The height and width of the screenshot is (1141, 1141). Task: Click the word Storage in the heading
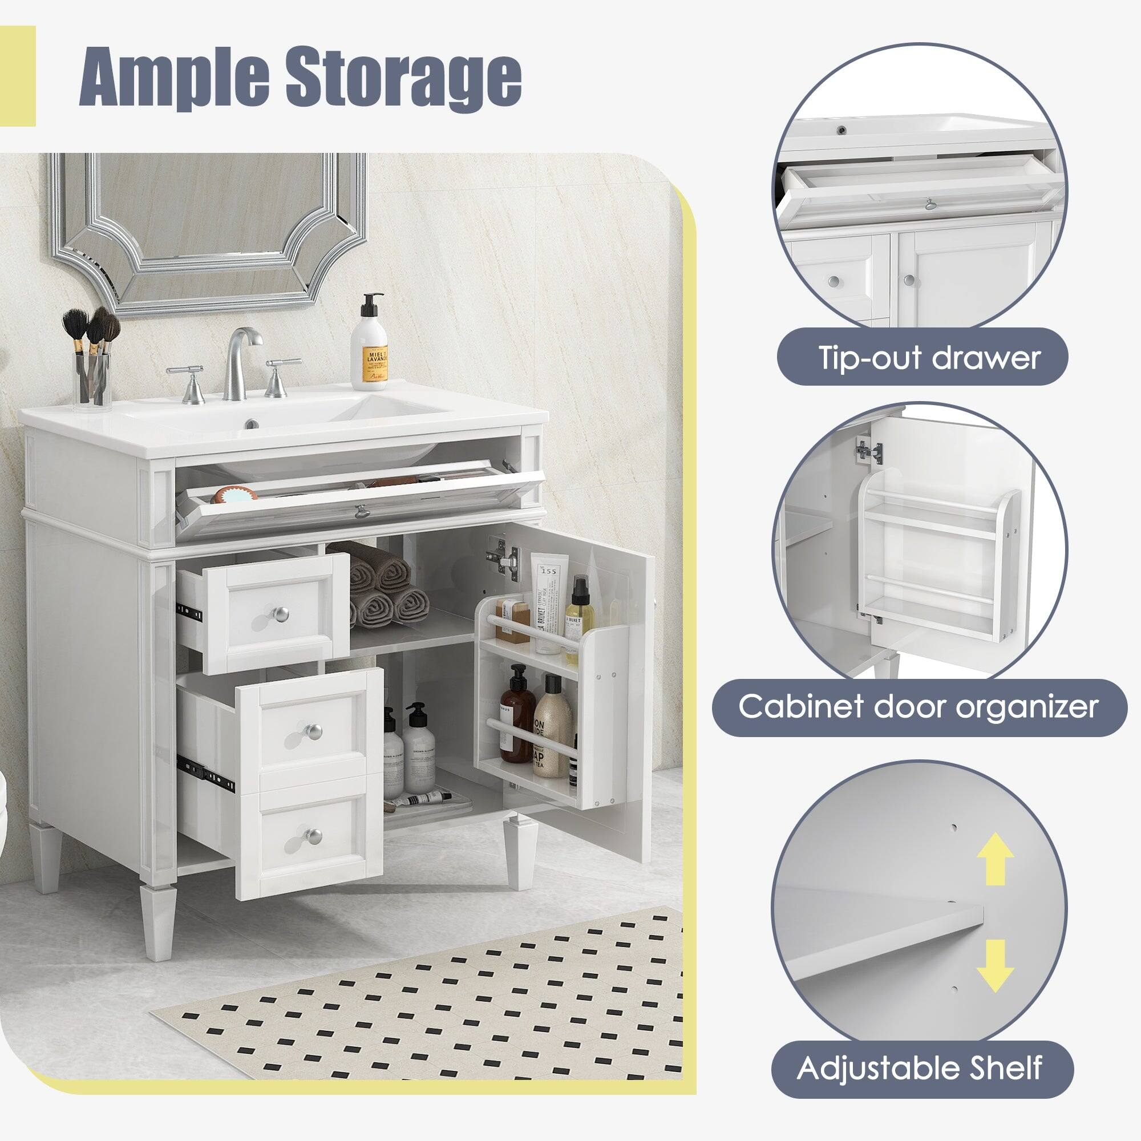pyautogui.click(x=403, y=77)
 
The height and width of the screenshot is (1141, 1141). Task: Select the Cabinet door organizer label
pyautogui.click(x=919, y=706)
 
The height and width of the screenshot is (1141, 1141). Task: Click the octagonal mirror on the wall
pyautogui.click(x=207, y=230)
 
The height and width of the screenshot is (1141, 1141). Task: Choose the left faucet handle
pyautogui.click(x=188, y=381)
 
